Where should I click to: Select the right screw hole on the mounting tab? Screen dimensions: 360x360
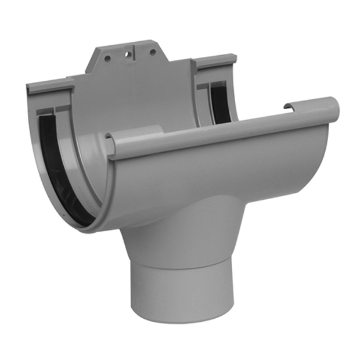[x=153, y=52]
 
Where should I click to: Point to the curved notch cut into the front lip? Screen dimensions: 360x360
[x=289, y=106]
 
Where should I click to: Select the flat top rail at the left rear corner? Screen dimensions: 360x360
[x=50, y=88]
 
